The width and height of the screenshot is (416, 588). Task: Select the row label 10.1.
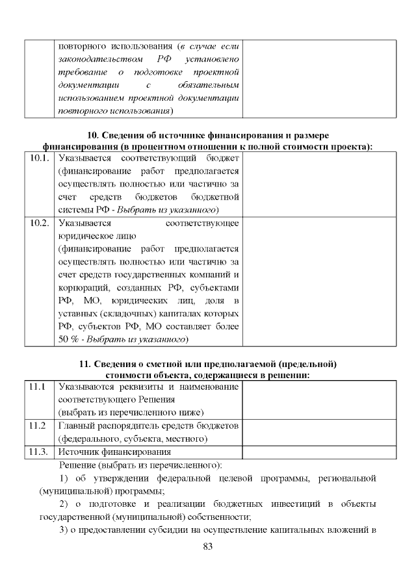[x=40, y=157]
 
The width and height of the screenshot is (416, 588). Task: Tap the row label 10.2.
[x=40, y=223]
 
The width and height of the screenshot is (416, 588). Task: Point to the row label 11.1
[x=38, y=387]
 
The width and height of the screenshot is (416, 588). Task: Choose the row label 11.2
[x=38, y=426]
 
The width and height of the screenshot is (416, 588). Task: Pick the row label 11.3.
[x=40, y=452]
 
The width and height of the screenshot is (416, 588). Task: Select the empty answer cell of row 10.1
[x=318, y=184]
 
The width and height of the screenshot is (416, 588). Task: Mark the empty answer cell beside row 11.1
[x=318, y=400]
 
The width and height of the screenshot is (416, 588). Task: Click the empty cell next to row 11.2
[x=318, y=432]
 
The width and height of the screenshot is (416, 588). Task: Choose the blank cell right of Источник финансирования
[x=318, y=452]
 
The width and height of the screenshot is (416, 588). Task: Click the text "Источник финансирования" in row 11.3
[x=114, y=452]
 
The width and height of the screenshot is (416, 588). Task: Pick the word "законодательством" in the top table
[x=97, y=60]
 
